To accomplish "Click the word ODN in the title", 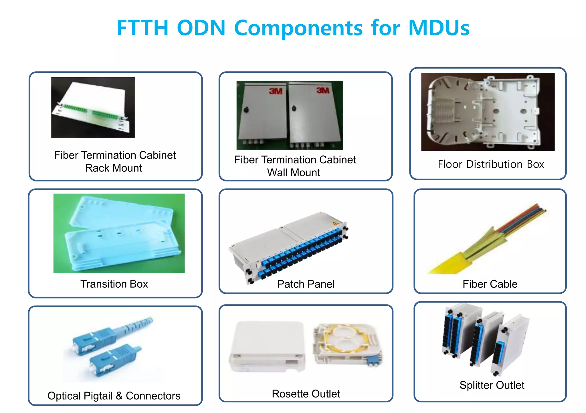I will click(x=201, y=28).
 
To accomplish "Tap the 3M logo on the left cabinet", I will click(x=275, y=91).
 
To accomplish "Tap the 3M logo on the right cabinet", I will click(x=323, y=90).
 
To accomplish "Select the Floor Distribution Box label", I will click(x=490, y=164).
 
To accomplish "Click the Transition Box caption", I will click(x=114, y=284).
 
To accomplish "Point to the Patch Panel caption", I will click(x=306, y=284).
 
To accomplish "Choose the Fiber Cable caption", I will click(x=490, y=284).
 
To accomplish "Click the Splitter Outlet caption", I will click(x=492, y=385).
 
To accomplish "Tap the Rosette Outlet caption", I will click(x=306, y=394).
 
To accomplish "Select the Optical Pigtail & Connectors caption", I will click(x=114, y=396).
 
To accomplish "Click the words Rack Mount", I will click(x=114, y=168).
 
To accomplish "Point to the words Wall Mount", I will click(x=294, y=173).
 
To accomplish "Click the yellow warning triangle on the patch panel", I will click(x=335, y=223).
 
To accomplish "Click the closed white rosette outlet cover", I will click(x=267, y=345).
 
